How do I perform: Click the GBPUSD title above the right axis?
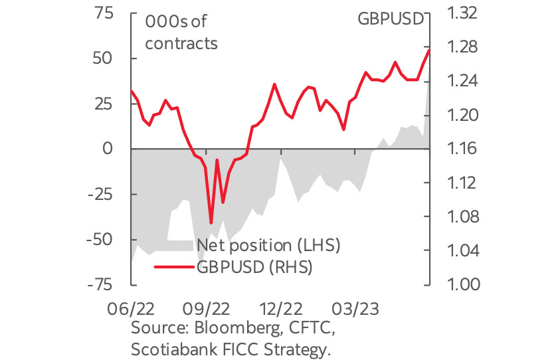click(x=391, y=18)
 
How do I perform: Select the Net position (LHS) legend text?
click(x=268, y=245)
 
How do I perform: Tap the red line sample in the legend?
click(x=173, y=267)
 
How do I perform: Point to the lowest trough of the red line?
click(x=211, y=223)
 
